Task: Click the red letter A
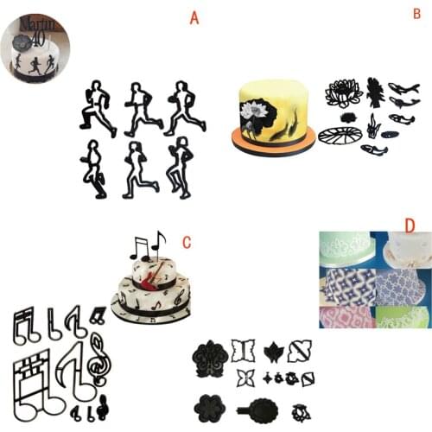coord(194,18)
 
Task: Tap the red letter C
coord(187,244)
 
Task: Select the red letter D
coord(410,226)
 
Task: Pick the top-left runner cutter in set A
coord(97,108)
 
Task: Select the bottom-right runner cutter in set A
coord(180,167)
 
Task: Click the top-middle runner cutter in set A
coord(140,108)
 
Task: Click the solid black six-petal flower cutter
coord(210,404)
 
